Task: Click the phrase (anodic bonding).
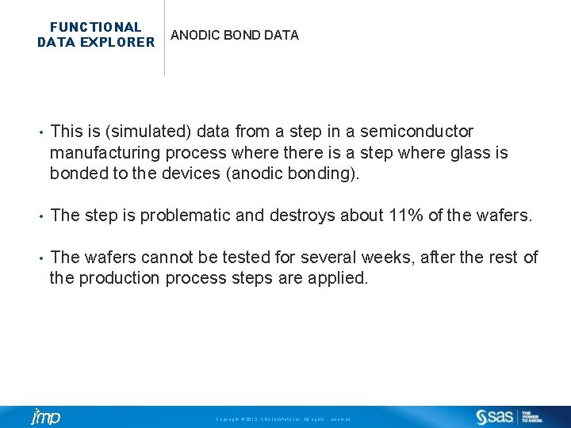293,173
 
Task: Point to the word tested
249,258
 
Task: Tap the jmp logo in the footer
45,417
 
